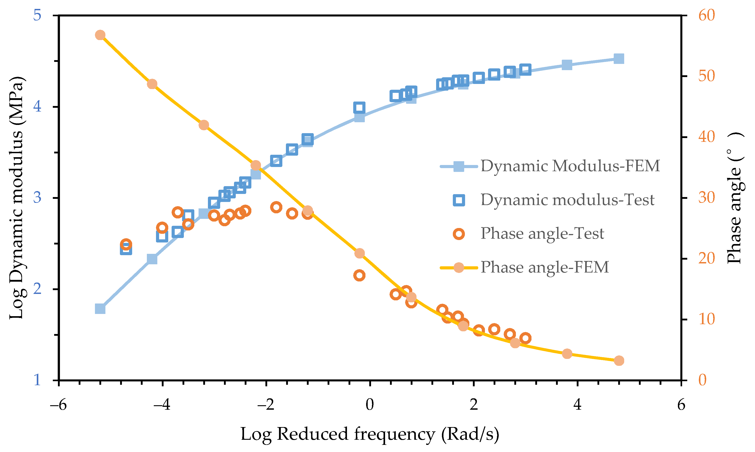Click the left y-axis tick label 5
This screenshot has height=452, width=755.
pyautogui.click(x=37, y=15)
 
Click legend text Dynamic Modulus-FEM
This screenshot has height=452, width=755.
pyautogui.click(x=570, y=166)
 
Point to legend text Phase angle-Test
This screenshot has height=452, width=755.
pyautogui.click(x=542, y=234)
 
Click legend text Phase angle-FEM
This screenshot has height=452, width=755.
pyautogui.click(x=544, y=267)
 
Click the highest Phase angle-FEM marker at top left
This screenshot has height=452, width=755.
pyautogui.click(x=100, y=35)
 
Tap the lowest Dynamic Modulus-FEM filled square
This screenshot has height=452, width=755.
pyautogui.click(x=100, y=309)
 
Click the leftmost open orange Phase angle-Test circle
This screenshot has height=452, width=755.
pyautogui.click(x=126, y=244)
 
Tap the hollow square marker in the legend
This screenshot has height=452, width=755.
pyautogui.click(x=459, y=200)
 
